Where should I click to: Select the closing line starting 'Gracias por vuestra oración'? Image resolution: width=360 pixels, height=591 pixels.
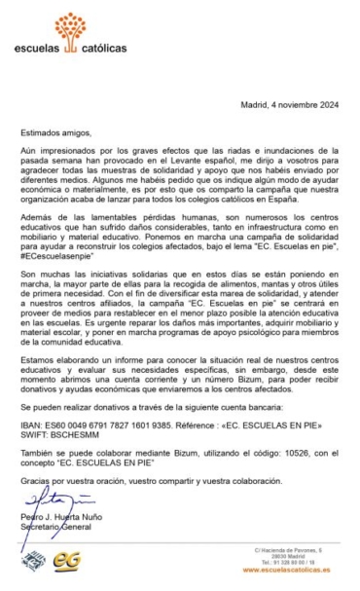[146, 479]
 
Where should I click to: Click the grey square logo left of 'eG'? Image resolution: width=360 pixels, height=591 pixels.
[34, 561]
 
